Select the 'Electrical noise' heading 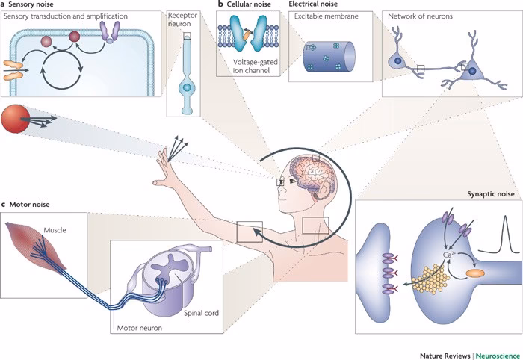314,4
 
